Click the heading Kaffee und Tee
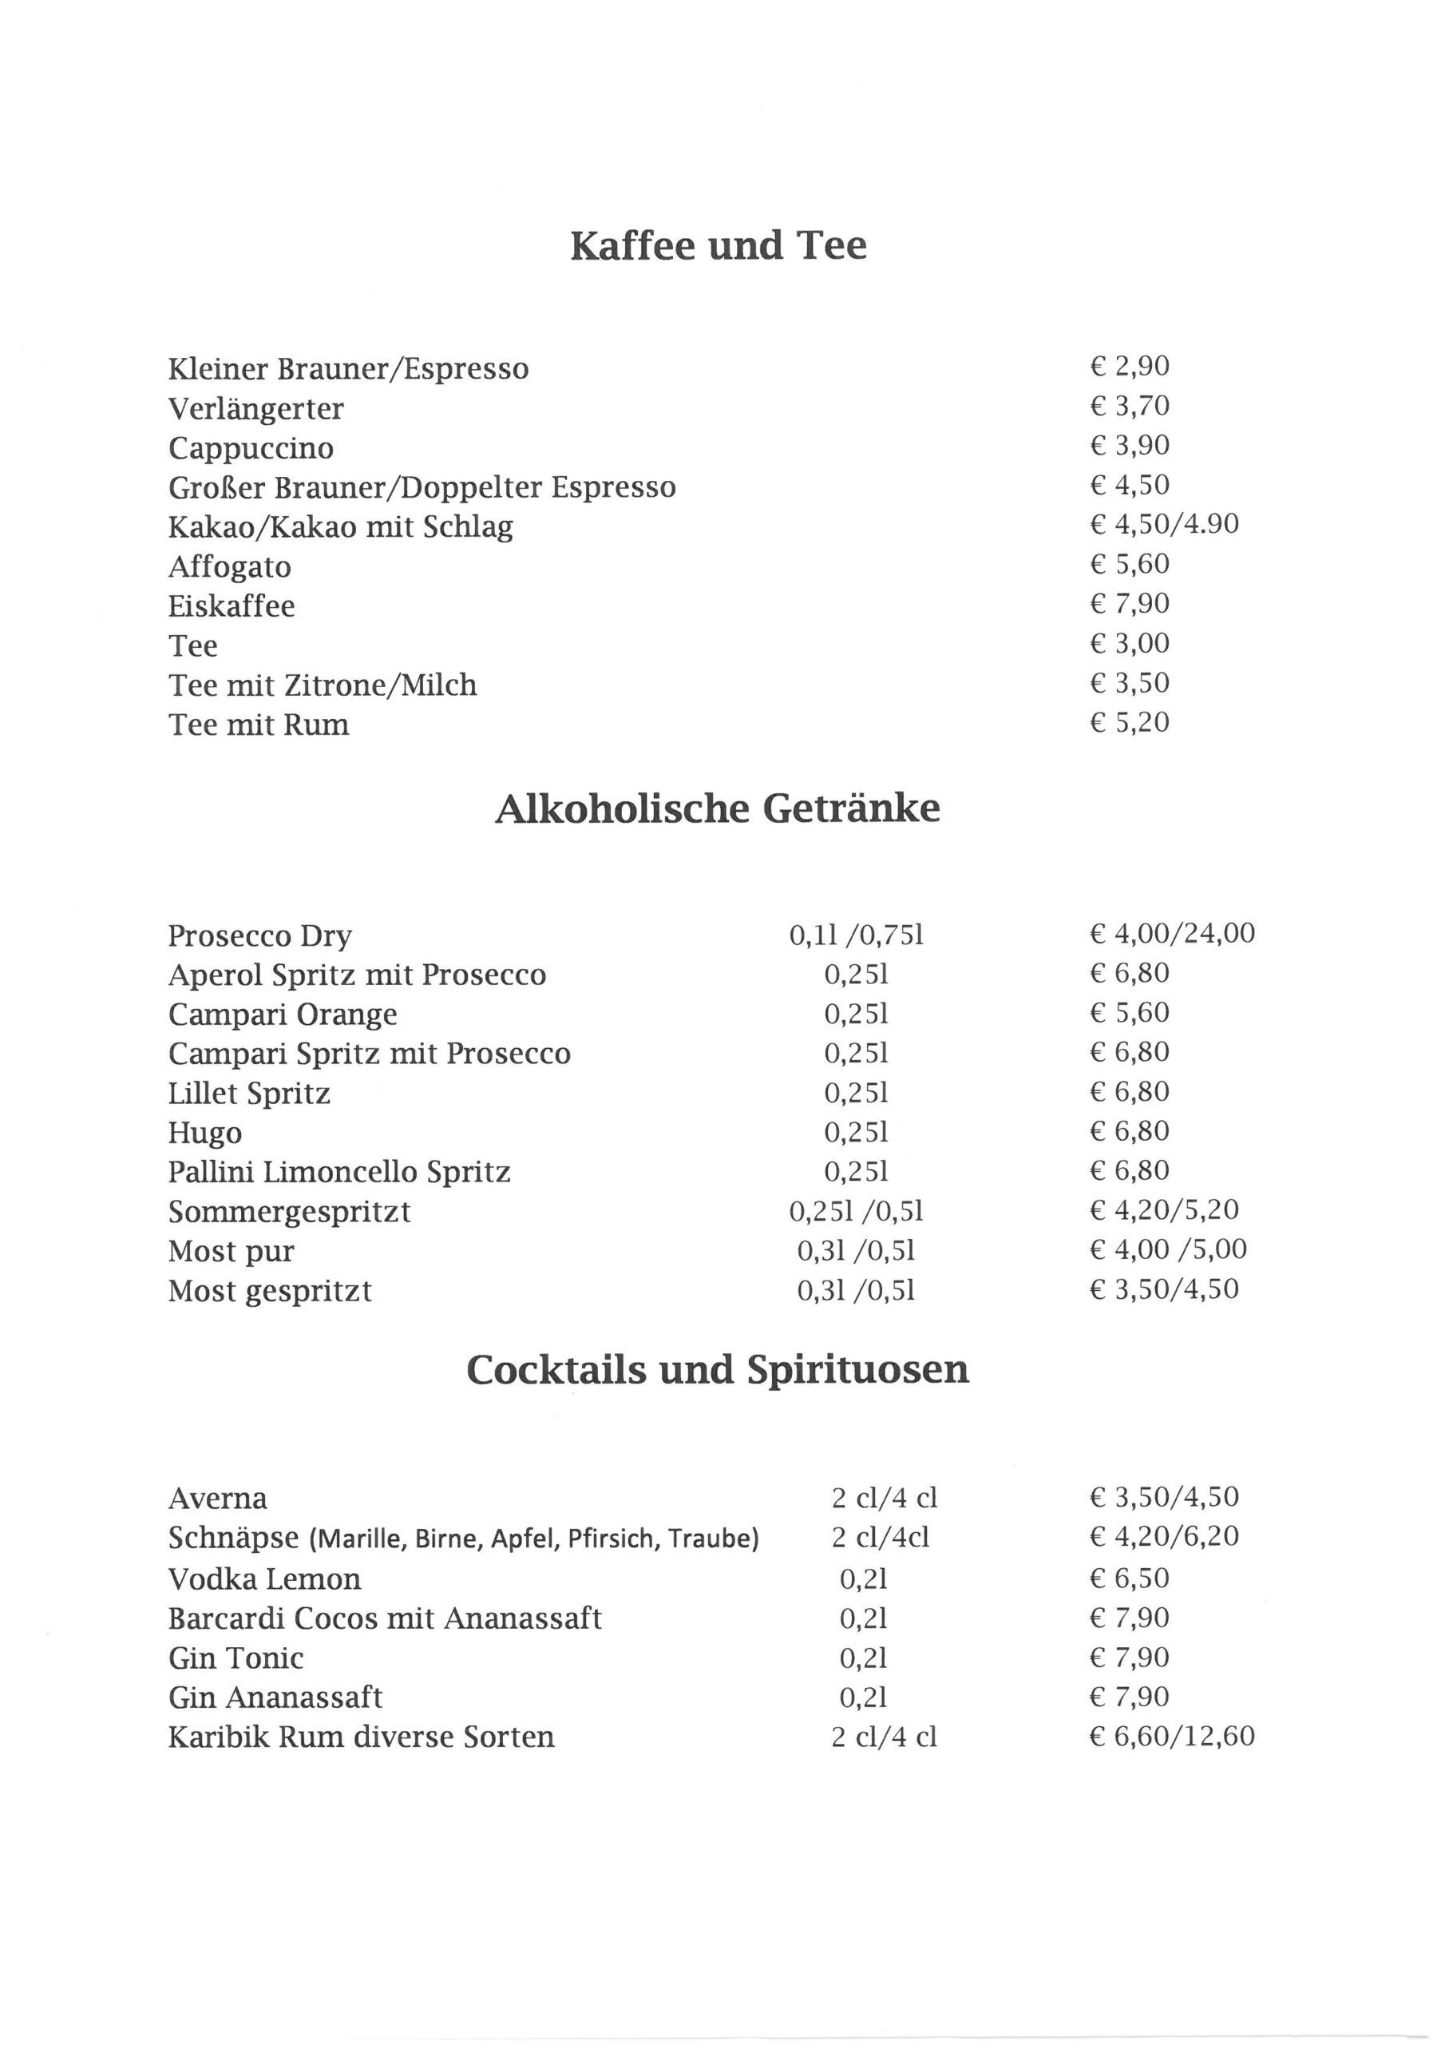click(x=718, y=246)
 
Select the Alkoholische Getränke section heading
click(x=718, y=808)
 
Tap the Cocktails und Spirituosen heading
click(x=718, y=1370)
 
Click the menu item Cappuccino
click(x=251, y=448)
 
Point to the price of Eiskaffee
click(x=1129, y=604)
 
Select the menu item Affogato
click(x=230, y=566)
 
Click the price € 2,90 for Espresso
click(x=1129, y=366)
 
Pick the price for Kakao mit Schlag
click(x=1164, y=524)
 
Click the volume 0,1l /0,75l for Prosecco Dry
click(x=857, y=935)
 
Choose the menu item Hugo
click(x=205, y=1133)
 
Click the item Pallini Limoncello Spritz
click(x=339, y=1172)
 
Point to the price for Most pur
click(x=1167, y=1249)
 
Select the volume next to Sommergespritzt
click(x=857, y=1211)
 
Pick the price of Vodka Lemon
click(x=1129, y=1579)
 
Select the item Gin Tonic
click(x=236, y=1658)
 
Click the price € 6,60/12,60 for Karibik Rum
click(x=1172, y=1737)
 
